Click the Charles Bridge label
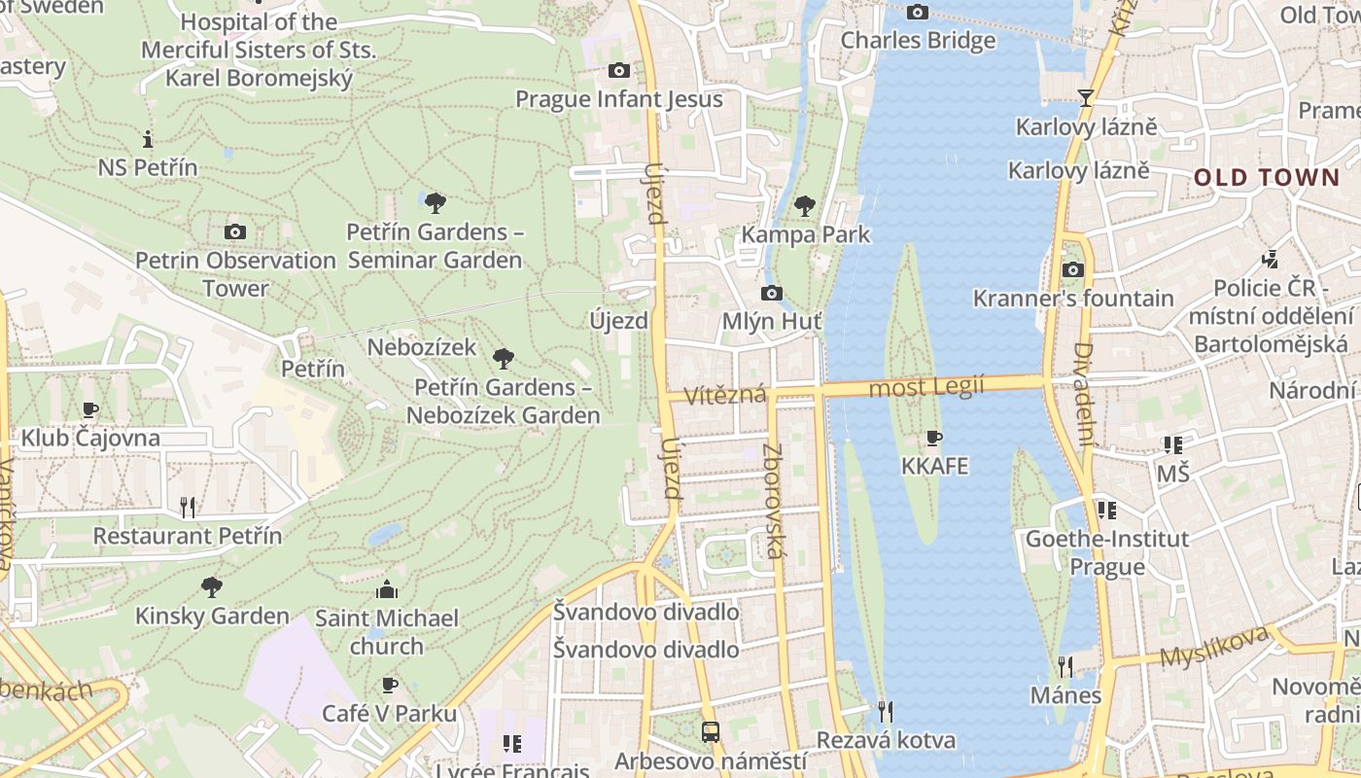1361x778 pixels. tap(918, 40)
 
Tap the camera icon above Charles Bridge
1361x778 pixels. tap(917, 13)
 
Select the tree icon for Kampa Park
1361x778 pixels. tap(804, 206)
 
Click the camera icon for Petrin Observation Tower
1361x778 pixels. tap(234, 231)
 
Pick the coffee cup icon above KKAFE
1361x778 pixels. tap(934, 439)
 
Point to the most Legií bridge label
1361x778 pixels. tap(926, 387)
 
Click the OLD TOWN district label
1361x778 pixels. tap(1267, 177)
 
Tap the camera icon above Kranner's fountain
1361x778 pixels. tap(1073, 269)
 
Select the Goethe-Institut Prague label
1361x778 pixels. tap(1107, 552)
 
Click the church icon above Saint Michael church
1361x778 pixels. tap(387, 589)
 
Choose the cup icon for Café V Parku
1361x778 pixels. tap(390, 686)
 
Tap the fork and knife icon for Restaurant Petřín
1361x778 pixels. tap(188, 507)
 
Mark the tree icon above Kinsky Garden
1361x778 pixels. tap(211, 587)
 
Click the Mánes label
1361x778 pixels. tap(1066, 695)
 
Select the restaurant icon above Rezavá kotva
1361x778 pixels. tap(885, 712)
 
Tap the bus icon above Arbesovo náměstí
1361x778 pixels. tap(711, 732)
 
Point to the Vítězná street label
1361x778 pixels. tap(725, 396)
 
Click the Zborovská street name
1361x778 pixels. tap(774, 501)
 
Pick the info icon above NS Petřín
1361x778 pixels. tap(148, 139)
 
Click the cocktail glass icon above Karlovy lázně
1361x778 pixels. tap(1085, 98)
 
